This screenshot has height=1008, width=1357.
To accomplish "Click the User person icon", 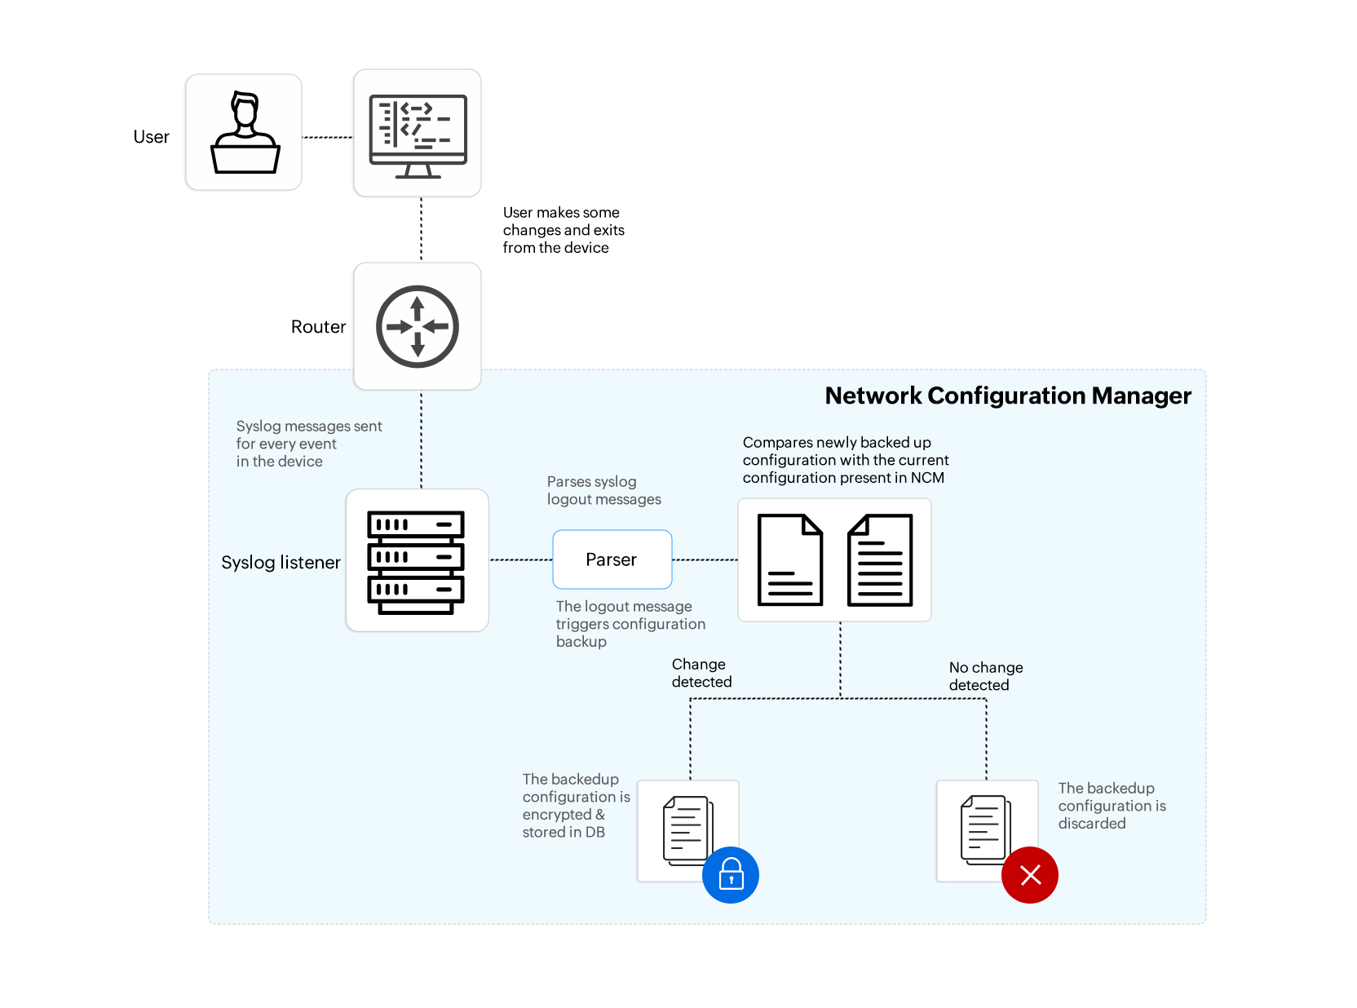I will (x=245, y=133).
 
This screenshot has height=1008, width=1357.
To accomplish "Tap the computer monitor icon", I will (x=418, y=135).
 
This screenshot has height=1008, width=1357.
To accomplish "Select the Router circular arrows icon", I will (x=418, y=326).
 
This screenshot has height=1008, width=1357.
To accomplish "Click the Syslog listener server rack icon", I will (x=416, y=561).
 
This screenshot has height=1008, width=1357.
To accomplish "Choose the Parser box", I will (x=612, y=559).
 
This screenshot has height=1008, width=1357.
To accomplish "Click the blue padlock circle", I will (x=731, y=875).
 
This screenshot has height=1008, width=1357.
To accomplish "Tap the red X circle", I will (x=1030, y=875).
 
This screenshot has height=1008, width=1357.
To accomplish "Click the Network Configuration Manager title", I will (x=1008, y=396).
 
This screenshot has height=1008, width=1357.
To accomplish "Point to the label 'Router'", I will (x=318, y=327).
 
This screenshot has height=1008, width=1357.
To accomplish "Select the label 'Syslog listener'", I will (x=281, y=563).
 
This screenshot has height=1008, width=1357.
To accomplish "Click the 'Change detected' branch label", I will (x=701, y=673).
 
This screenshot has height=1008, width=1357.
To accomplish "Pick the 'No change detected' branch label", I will (x=985, y=676).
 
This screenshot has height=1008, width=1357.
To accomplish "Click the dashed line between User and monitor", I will (x=327, y=137).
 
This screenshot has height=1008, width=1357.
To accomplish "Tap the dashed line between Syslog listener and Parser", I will (x=520, y=559).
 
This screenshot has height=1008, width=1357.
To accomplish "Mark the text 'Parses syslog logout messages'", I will (x=603, y=490).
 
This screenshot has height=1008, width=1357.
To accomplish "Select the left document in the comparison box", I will (x=789, y=559).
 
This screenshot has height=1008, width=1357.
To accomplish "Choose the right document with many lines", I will (x=880, y=559).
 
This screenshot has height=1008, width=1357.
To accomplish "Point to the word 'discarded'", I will (x=1092, y=824).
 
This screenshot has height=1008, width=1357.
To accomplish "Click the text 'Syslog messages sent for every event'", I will (x=308, y=435).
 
